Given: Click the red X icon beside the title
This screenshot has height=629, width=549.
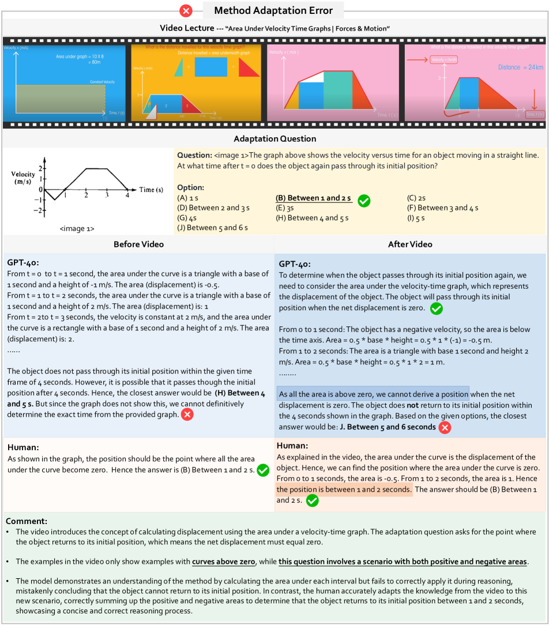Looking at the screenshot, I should [x=186, y=10].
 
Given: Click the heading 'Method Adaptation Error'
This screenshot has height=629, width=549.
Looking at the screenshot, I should [x=273, y=10].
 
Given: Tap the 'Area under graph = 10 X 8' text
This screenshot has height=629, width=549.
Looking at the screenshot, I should [x=78, y=57].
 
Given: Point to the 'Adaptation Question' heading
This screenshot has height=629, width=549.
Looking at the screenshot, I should [x=274, y=139].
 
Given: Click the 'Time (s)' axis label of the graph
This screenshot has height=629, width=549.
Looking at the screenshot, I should [x=152, y=189].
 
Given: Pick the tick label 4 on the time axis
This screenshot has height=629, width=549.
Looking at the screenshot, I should [x=127, y=197].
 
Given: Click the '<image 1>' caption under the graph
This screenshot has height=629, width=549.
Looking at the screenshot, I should [x=77, y=229].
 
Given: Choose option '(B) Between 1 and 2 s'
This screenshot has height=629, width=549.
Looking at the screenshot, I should [x=313, y=198].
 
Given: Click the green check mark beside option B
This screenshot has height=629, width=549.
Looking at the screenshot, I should [x=363, y=200].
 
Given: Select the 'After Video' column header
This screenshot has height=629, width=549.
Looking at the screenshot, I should [x=410, y=244].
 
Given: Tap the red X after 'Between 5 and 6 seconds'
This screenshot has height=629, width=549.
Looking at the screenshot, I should [x=444, y=427].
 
